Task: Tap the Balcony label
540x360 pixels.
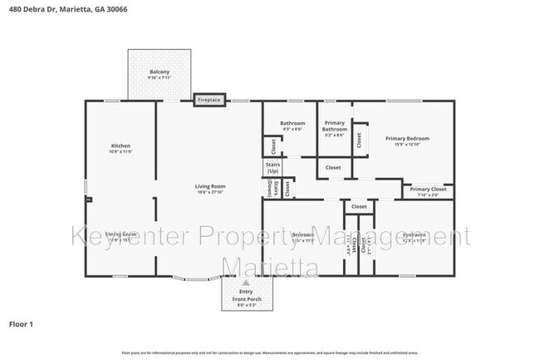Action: [x=160, y=72]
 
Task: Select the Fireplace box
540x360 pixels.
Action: [x=209, y=100]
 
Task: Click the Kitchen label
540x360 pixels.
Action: [x=120, y=145]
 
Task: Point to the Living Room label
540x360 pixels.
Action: [x=211, y=186]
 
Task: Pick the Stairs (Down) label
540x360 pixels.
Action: [x=270, y=190]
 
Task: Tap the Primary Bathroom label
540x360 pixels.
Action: [x=335, y=126]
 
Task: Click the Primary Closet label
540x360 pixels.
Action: [x=427, y=189]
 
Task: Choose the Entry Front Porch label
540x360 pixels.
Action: [x=246, y=295]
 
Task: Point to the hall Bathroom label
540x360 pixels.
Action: [x=292, y=123]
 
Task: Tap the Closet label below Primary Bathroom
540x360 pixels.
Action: [x=333, y=168]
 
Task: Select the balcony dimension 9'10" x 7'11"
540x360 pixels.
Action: [x=160, y=79]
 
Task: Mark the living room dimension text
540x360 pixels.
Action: [x=211, y=193]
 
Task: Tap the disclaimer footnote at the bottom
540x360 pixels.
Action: [x=269, y=353]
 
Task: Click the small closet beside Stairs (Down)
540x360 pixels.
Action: [x=287, y=189]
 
